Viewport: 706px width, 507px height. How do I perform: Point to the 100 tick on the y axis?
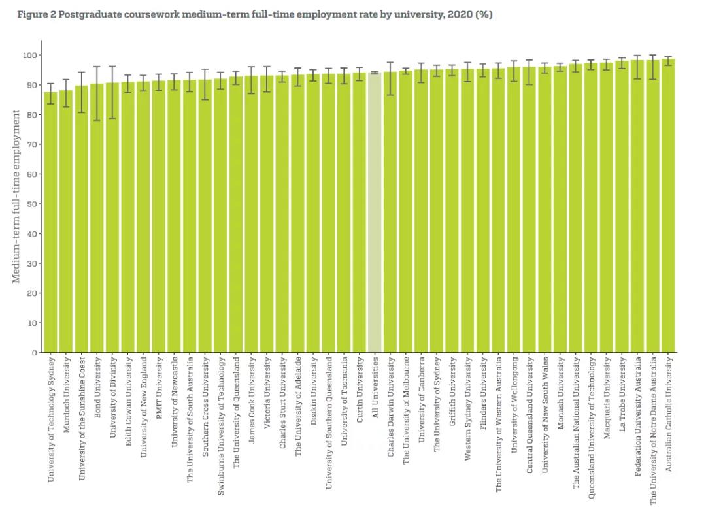29,55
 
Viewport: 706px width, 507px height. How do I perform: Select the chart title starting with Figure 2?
255,15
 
